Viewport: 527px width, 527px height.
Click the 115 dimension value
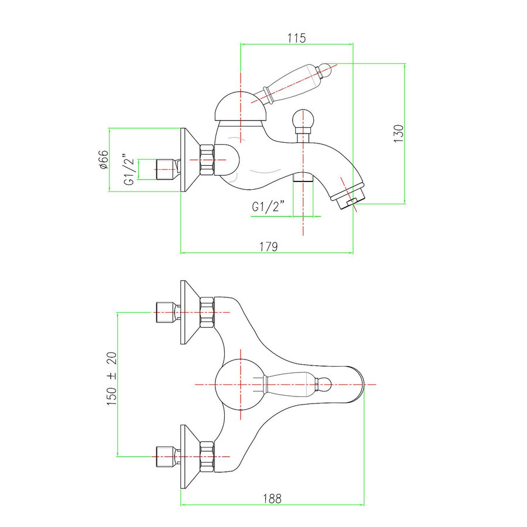pyautogui.click(x=296, y=38)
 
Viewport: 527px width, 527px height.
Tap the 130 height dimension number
pyautogui.click(x=398, y=134)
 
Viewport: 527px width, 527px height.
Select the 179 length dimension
pyautogui.click(x=269, y=247)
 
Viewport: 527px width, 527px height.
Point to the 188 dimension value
pyautogui.click(x=272, y=498)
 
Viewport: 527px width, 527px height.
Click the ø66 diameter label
pyautogui.click(x=104, y=159)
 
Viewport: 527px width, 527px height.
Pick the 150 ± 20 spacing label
pyautogui.click(x=112, y=378)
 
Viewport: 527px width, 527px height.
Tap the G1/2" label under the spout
pyautogui.click(x=268, y=206)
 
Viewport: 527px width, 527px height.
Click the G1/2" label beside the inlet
pyautogui.click(x=129, y=169)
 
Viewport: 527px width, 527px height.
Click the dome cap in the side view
pyautogui.click(x=241, y=106)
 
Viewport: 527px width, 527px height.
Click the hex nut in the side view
pyautogui.click(x=207, y=160)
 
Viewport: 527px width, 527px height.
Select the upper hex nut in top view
pyautogui.click(x=207, y=312)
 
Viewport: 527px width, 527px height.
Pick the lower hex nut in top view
pyautogui.click(x=207, y=457)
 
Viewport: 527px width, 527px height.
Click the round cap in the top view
pyautogui.click(x=241, y=385)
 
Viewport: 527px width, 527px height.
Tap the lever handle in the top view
pyautogui.click(x=297, y=385)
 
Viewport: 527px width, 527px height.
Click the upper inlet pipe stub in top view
pyautogui.click(x=167, y=312)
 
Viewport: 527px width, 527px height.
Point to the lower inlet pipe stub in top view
pyautogui.click(x=167, y=457)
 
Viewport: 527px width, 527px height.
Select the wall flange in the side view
pyautogui.click(x=190, y=160)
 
